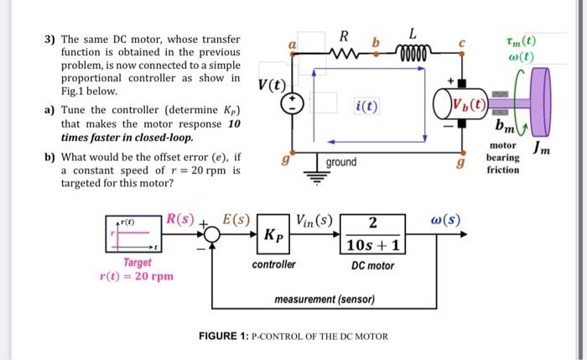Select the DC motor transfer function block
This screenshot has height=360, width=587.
click(373, 234)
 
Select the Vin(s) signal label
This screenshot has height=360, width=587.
click(314, 221)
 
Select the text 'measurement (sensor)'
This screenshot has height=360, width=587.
click(325, 300)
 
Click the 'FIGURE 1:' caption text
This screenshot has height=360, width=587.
click(224, 336)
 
